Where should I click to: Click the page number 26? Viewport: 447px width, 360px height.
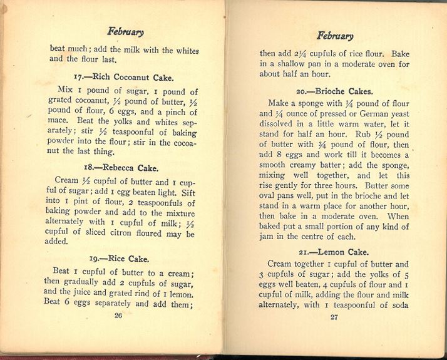point(118,316)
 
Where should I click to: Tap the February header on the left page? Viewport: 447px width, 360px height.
point(125,32)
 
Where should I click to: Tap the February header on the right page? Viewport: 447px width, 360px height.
point(335,36)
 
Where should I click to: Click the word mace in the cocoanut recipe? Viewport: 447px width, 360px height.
point(59,123)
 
